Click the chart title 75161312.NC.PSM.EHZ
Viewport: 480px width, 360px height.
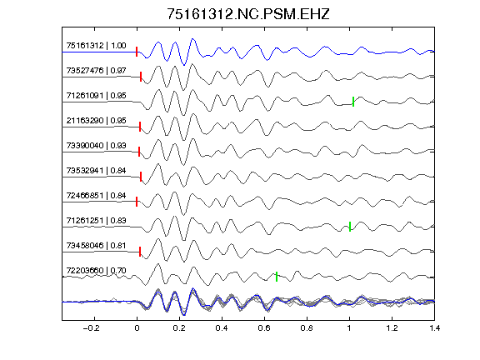pos(248,14)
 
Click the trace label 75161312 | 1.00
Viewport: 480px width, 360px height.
pos(96,46)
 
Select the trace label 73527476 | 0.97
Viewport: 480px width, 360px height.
pos(96,71)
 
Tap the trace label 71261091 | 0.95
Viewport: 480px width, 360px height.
pos(96,96)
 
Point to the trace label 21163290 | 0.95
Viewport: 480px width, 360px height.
pos(96,121)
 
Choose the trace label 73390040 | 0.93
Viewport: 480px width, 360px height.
pos(96,146)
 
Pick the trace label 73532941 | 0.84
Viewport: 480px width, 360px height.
pos(96,171)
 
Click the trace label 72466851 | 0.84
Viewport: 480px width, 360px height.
pos(96,196)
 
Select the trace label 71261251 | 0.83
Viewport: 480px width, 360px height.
pos(96,221)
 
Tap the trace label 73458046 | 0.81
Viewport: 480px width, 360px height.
pos(96,246)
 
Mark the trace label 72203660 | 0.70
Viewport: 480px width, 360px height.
pos(96,271)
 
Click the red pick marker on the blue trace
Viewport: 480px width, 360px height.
pos(137,52)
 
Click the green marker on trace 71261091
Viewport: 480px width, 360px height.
pos(353,102)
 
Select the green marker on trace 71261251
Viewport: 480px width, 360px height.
pos(350,227)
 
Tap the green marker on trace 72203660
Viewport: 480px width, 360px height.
pos(277,277)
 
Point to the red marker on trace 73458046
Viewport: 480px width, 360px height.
pos(140,252)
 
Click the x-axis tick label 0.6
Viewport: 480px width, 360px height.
pos(264,328)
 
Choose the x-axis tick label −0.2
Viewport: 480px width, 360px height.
pos(92,328)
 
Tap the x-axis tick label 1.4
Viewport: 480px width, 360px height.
pos(434,328)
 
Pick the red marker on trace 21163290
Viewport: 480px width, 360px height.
pos(140,127)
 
